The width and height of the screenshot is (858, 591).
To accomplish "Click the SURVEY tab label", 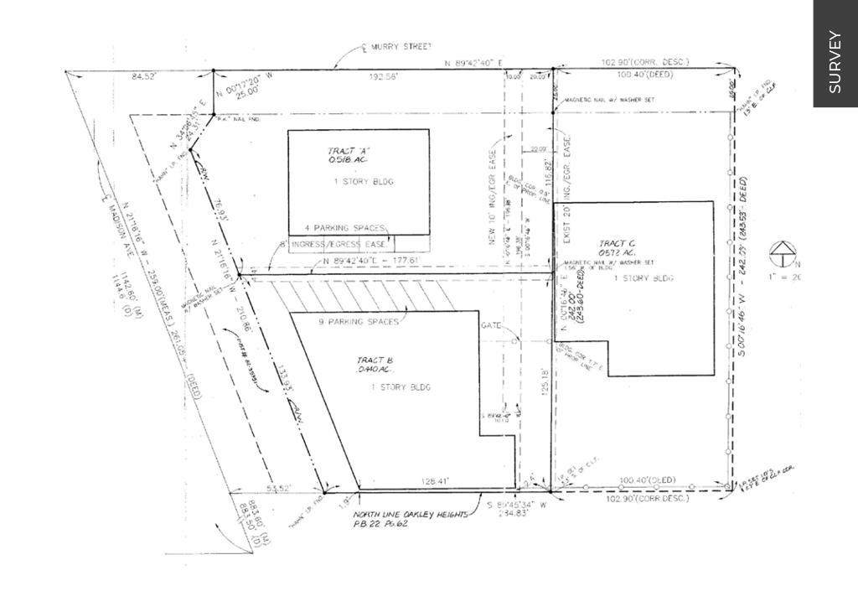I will [835, 61].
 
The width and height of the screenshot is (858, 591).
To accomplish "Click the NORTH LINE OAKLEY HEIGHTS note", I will [410, 514].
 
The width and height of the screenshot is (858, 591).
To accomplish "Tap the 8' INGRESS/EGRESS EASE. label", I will [340, 244].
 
